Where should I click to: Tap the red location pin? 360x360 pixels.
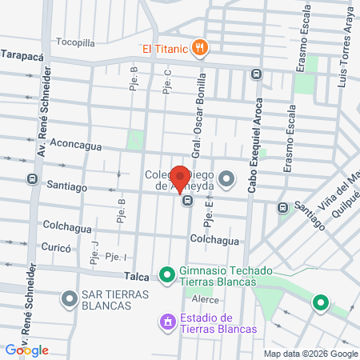[181, 178]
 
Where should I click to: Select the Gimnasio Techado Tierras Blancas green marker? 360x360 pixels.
[166, 276]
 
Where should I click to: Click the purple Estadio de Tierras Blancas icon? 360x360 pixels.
[167, 322]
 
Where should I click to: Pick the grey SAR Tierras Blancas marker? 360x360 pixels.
[69, 300]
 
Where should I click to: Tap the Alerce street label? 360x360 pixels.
[205, 299]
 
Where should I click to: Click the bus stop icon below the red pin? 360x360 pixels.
[186, 201]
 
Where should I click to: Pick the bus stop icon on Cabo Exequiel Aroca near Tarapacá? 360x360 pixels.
[256, 74]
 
